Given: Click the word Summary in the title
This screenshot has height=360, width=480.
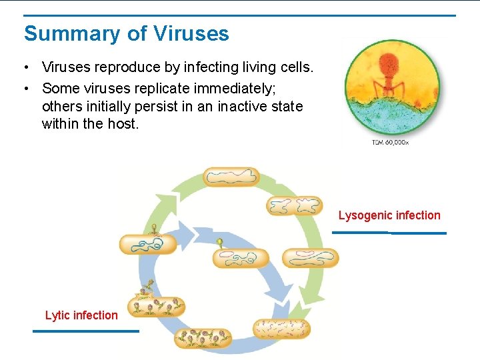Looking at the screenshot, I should (64, 34).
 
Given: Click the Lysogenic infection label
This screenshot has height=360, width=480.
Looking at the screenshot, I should (389, 215).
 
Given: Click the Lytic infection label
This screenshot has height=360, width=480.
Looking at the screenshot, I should (81, 315).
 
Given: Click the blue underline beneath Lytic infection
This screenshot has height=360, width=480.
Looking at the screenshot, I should (86, 331).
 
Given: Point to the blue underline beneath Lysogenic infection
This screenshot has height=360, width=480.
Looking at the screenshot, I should (389, 233).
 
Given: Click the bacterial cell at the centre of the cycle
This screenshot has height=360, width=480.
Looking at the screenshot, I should (240, 258).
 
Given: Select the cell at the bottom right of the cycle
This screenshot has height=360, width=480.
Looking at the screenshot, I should (281, 328).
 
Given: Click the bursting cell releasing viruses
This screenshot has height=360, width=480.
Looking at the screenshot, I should (156, 305).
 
